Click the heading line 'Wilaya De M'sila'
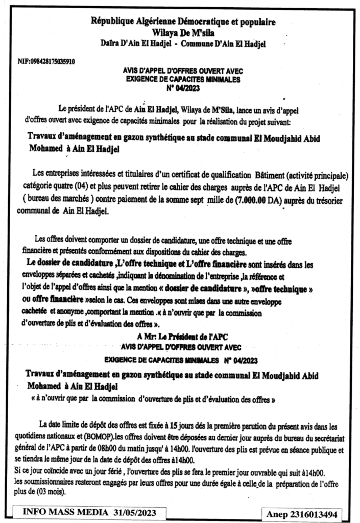pyautogui.click(x=182, y=32)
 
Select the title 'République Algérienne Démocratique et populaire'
pyautogui.click(x=183, y=22)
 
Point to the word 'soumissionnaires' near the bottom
pyautogui.click(x=50, y=480)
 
